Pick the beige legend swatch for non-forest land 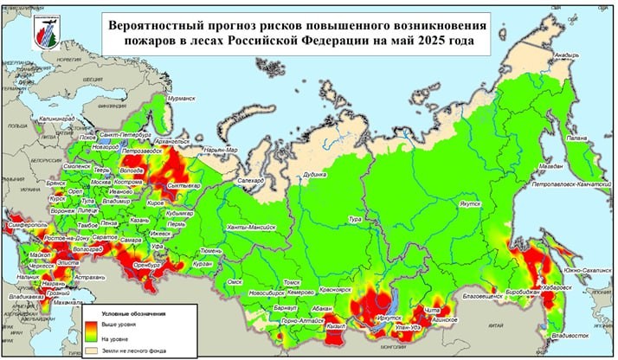[x=93, y=351]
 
